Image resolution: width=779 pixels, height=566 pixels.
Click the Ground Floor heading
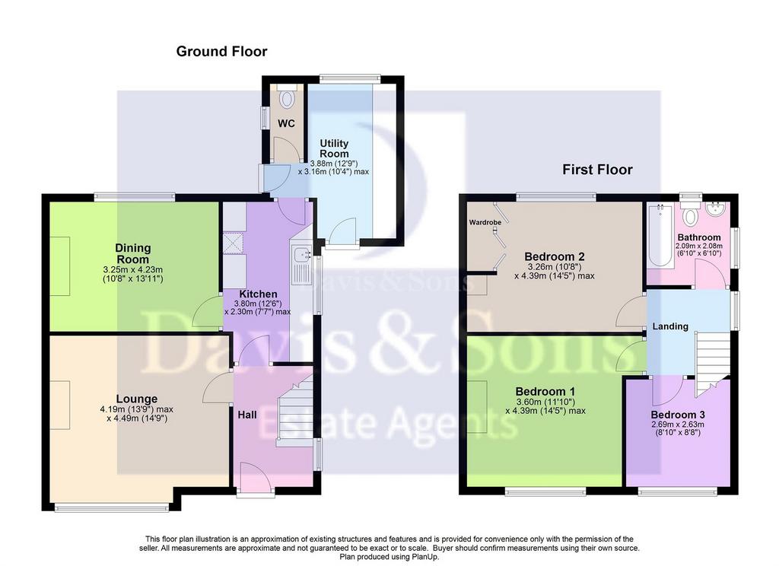[221, 51]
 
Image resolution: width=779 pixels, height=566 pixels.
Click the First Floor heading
[597, 170]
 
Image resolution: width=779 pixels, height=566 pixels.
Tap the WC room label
[286, 124]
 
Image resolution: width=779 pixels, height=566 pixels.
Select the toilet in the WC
[287, 97]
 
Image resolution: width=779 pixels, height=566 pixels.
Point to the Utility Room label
[334, 148]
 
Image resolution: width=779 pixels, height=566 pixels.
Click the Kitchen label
[258, 294]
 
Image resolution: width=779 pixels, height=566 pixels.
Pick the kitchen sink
[302, 255]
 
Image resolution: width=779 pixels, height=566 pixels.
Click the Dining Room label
[132, 253]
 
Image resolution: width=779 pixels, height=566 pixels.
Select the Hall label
[247, 415]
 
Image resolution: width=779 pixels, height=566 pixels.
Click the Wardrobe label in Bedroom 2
[485, 222]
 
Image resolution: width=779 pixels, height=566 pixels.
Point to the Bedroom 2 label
[555, 256]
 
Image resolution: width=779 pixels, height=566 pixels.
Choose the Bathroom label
[699, 237]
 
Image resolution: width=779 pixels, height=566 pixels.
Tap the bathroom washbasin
[715, 208]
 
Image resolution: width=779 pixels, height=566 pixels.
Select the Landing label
[670, 326]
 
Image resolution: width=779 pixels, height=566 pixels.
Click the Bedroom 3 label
[678, 415]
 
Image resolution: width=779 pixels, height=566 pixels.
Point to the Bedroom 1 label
[545, 391]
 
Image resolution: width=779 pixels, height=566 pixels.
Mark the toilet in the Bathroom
[689, 212]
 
